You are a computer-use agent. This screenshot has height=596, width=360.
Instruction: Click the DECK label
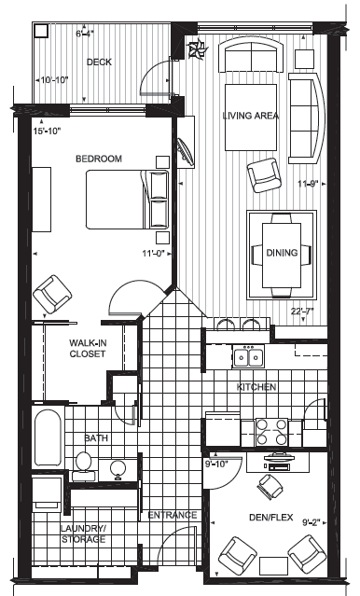point(99,62)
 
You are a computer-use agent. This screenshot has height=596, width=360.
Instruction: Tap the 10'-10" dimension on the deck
point(54,80)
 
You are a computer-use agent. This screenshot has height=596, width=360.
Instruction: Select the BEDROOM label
point(99,159)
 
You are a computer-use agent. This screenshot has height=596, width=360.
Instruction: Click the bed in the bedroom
point(127,200)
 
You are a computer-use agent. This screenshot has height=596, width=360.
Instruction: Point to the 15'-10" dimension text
point(48,132)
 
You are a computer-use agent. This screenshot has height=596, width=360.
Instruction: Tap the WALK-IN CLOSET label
point(88,348)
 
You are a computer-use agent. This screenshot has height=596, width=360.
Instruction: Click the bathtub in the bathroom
point(48,437)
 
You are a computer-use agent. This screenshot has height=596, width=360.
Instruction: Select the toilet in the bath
point(84,466)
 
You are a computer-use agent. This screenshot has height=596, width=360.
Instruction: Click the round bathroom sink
point(118,468)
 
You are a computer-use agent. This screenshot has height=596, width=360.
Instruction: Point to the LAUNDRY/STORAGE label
point(84,534)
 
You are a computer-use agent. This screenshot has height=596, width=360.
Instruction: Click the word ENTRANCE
point(173,515)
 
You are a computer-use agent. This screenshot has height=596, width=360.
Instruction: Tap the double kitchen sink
point(249,356)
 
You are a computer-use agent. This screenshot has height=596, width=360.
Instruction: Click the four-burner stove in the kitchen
point(271,432)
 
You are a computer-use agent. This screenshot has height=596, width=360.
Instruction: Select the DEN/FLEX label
point(271,517)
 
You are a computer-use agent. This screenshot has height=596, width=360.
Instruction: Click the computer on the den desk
point(276,461)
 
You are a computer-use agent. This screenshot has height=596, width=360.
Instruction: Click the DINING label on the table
point(282,253)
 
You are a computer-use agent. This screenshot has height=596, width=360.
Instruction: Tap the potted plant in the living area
point(198,49)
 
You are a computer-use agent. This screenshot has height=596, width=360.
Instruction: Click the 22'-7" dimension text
point(302,312)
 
